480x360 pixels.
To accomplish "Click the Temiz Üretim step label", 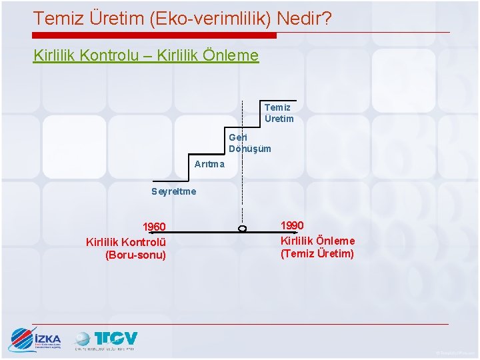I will [279, 113].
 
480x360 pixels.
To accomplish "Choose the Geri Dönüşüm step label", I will [249, 143].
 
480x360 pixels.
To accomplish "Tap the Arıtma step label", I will [209, 164].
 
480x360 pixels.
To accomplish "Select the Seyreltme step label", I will [174, 191].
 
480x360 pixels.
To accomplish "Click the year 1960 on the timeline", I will [154, 227].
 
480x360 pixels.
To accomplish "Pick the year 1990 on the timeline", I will [292, 226].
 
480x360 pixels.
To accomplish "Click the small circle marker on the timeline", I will [242, 229].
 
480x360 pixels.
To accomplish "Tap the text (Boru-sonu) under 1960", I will [135, 255].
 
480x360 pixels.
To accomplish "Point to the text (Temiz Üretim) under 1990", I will [317, 253].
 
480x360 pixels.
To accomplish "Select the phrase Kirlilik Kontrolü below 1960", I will [126, 241].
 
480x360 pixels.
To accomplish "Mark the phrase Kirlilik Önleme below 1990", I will [317, 240].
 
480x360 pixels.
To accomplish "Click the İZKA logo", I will [35, 340].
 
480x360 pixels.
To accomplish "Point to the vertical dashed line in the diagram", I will [242, 167].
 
